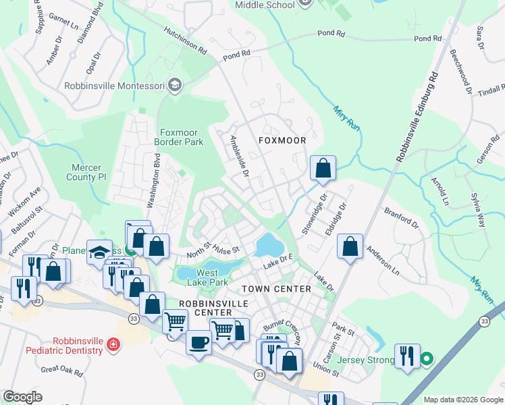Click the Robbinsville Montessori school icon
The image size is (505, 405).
click(175, 85)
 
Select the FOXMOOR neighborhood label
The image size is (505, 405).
click(282, 140)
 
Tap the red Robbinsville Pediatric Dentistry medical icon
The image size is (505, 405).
click(113, 346)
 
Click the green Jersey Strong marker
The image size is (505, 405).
click(426, 359)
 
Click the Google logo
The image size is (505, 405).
click(23, 397)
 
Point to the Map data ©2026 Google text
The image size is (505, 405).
click(462, 400)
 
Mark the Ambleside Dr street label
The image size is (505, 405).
click(240, 156)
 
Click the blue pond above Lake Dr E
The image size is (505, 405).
click(269, 244)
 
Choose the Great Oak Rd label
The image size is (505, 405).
click(61, 371)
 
